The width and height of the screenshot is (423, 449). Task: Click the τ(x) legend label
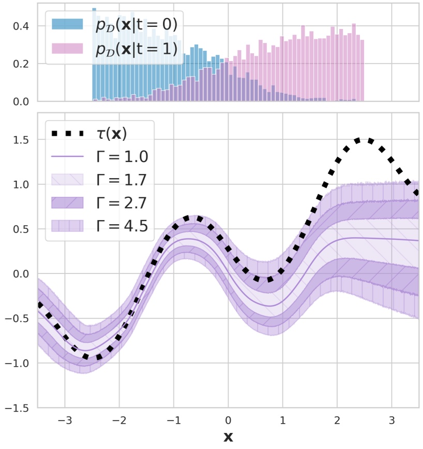[x=111, y=134]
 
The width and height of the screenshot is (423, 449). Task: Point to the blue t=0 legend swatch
[x=67, y=25]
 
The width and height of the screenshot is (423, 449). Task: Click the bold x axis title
[x=228, y=437]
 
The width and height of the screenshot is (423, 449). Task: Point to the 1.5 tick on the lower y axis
[x=21, y=140]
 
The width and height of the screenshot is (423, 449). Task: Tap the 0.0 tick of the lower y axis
[x=21, y=274]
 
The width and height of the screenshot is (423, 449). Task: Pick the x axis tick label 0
[x=228, y=419]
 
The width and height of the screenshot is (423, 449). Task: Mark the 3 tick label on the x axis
[x=391, y=419]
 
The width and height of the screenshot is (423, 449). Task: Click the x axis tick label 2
[x=337, y=419]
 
